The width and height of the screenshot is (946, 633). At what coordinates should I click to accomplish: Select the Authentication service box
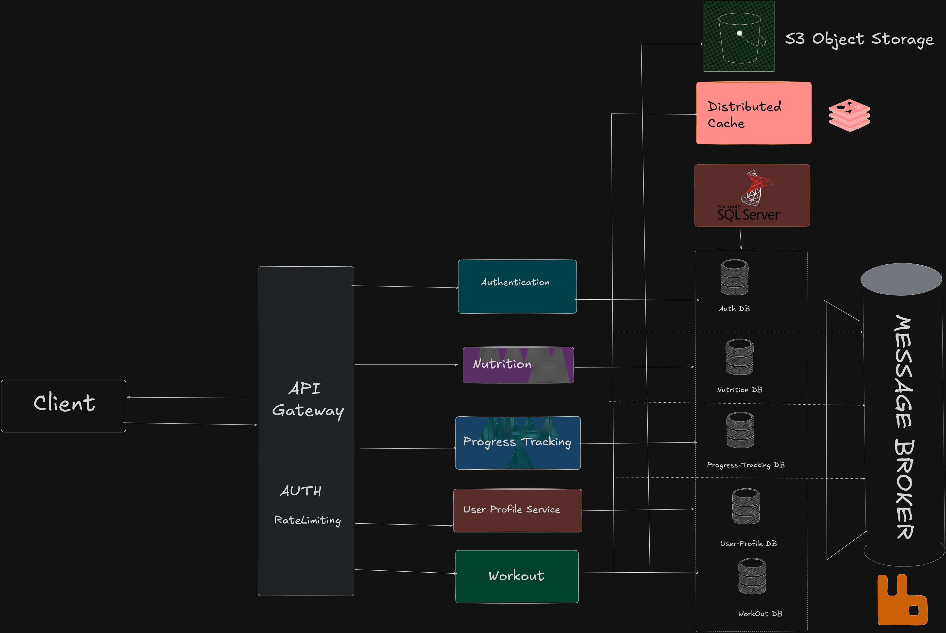coord(517,287)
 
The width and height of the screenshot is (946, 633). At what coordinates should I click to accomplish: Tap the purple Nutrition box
coord(518,365)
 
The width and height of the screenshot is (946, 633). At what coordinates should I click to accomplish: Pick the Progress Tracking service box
coord(518,443)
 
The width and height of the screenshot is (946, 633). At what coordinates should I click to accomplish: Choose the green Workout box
coord(517,577)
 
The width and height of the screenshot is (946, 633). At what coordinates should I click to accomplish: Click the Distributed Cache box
coord(754,113)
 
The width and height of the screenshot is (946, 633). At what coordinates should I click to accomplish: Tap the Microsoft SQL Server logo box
coord(752,195)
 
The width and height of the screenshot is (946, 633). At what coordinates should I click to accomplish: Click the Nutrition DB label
coord(739,390)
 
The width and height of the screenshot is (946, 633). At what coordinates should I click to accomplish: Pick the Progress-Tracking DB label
coord(745,465)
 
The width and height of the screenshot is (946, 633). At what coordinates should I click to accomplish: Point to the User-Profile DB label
coord(748,543)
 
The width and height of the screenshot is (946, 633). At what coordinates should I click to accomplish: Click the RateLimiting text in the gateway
coord(307,520)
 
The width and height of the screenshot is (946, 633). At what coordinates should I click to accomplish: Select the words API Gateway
coord(307,400)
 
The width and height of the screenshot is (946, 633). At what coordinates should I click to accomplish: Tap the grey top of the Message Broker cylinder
coord(901,279)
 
